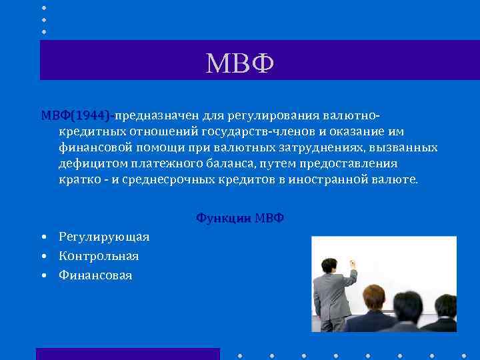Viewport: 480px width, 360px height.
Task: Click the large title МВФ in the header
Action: point(241,64)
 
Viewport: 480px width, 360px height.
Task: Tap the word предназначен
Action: point(153,114)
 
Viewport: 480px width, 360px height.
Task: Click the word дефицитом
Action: point(89,164)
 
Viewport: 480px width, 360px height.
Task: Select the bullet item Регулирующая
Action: point(104,237)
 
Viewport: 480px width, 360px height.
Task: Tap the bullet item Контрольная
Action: point(99,256)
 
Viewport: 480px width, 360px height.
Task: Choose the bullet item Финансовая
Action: point(95,275)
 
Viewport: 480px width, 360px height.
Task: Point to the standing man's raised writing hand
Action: point(351,264)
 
